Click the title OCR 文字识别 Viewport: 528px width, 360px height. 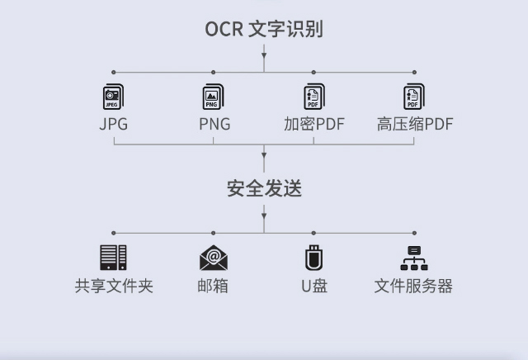pos(264,29)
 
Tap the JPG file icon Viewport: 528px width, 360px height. pos(113,97)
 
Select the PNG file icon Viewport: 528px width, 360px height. pos(213,97)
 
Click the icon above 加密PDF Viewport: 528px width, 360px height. pos(313,97)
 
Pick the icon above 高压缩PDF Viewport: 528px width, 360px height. pos(413,97)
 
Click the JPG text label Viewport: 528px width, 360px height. pos(113,125)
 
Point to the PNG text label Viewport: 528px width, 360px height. pos(214,125)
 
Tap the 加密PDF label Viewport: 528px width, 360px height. pos(313,125)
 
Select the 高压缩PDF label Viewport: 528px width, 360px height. pos(415,125)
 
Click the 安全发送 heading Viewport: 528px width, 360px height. pos(264,189)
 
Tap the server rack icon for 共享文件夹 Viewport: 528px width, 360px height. pos(113,258)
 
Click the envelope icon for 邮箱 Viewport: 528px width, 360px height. pos(214,258)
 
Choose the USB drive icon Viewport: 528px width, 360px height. pos(313,258)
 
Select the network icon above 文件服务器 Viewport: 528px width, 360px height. pos(413,258)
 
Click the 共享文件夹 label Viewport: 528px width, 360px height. pos(114,287)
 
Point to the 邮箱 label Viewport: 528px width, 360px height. pos(214,287)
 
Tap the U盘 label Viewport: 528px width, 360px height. pos(313,287)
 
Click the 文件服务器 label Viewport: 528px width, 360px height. pos(413,287)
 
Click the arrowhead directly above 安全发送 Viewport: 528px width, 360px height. pos(264,155)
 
